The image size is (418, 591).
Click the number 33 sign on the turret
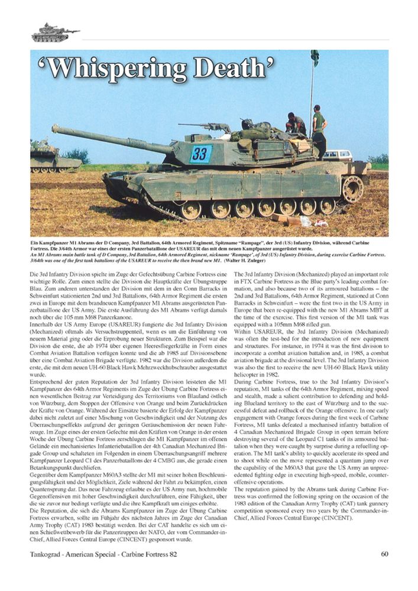point(200,154)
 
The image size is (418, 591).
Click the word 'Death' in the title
point(236,69)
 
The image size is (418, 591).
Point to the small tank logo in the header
point(54,33)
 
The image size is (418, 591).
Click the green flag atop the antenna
point(315,58)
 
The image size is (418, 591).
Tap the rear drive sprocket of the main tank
point(352,189)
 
